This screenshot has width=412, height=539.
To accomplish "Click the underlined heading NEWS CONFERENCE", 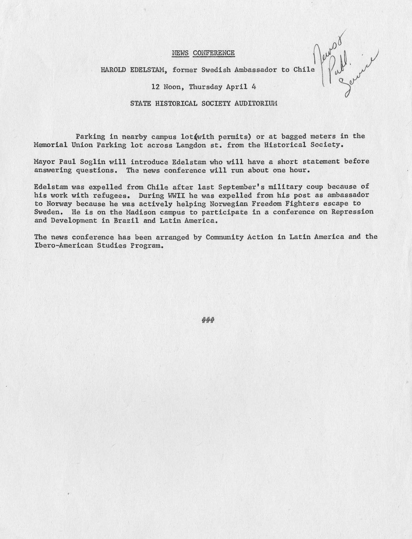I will click(x=203, y=53).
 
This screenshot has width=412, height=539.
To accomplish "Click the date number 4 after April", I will click(x=254, y=87).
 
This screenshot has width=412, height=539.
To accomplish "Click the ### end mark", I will click(x=208, y=321).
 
